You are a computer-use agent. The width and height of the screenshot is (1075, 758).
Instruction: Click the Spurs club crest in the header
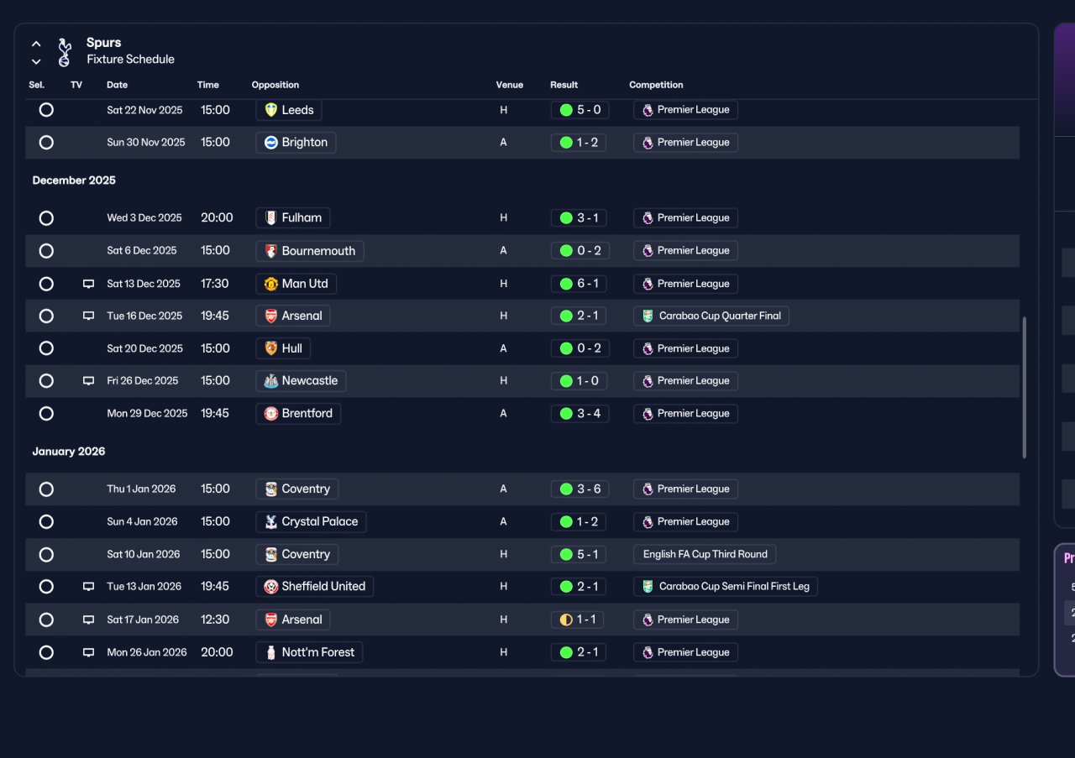pos(65,52)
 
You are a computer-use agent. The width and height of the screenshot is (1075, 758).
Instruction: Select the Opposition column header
pos(275,85)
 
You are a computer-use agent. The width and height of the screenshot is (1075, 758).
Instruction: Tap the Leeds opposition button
pos(289,110)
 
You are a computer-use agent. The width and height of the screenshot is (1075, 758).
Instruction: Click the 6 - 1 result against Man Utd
pos(579,284)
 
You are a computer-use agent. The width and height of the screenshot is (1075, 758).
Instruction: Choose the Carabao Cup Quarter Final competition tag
pos(711,316)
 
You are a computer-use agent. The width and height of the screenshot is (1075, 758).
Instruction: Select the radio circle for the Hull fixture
pos(46,348)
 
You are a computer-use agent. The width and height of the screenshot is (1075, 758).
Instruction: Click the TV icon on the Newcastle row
pos(88,381)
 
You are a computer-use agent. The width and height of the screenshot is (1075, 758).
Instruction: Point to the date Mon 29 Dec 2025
pos(147,414)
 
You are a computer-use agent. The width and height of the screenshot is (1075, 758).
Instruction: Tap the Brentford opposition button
pos(298,414)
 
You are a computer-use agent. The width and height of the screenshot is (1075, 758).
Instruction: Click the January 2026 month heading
pos(69,452)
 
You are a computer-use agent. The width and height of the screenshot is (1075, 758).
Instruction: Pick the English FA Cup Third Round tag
pos(705,554)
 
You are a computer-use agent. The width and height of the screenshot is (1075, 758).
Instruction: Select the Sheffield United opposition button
pos(315,586)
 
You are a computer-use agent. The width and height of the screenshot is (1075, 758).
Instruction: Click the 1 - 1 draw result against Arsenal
pos(577,619)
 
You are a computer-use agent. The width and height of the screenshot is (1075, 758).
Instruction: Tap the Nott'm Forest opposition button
pos(310,652)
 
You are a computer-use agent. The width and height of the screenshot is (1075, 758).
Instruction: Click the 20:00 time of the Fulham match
pos(217,217)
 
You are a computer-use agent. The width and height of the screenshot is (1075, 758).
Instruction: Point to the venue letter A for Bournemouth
pos(503,250)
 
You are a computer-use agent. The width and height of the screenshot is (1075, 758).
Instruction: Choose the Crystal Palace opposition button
pos(311,521)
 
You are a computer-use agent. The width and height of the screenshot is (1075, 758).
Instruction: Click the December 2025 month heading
pos(74,180)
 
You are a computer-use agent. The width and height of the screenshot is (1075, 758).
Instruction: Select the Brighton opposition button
pos(296,143)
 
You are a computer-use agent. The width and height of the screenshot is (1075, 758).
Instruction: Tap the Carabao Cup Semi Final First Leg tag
pos(725,586)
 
